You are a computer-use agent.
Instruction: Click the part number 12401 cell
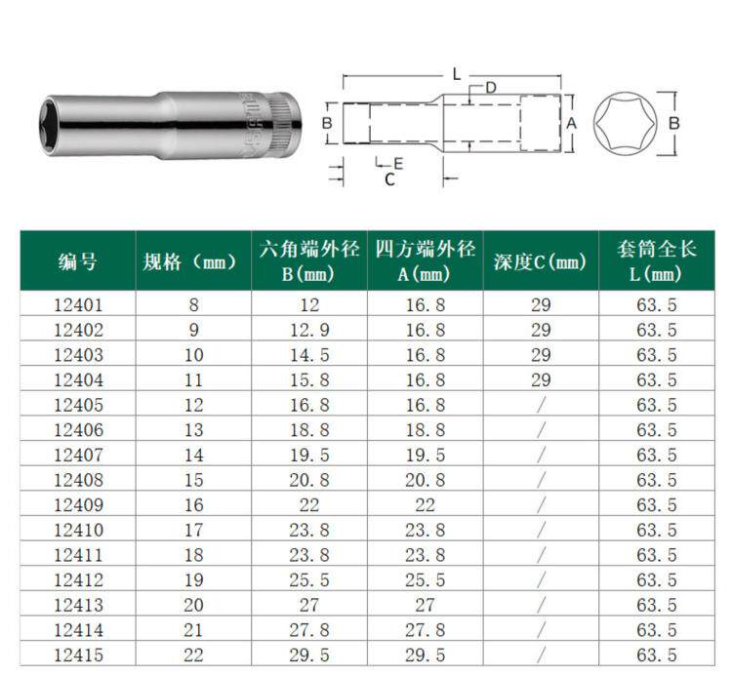click(78, 305)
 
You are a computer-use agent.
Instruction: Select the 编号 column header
click(77, 261)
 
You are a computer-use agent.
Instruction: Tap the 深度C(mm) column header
click(540, 261)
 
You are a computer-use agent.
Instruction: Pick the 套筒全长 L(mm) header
click(656, 261)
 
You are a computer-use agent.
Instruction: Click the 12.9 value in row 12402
click(309, 331)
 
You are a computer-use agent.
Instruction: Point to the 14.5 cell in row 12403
click(309, 355)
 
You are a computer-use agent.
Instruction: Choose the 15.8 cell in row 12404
click(309, 380)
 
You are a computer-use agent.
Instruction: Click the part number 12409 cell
click(78, 505)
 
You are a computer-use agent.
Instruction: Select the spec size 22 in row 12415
click(193, 655)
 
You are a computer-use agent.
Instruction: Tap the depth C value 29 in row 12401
click(541, 305)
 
